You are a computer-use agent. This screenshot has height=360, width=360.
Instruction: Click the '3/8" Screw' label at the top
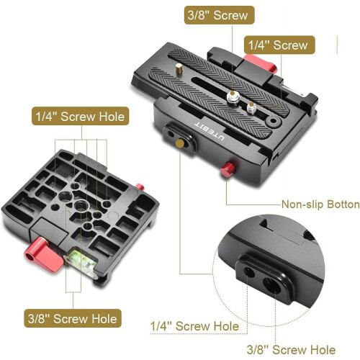pyautogui.click(x=219, y=15)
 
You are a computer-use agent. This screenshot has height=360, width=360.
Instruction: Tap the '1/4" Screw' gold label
pyautogui.click(x=279, y=45)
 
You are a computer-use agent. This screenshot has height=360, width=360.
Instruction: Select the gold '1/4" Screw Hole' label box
pyautogui.click(x=81, y=117)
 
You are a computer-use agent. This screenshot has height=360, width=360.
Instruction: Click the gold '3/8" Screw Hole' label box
pyautogui.click(x=73, y=318)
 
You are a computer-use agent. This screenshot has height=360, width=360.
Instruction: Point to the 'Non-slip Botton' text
pyautogui.click(x=320, y=204)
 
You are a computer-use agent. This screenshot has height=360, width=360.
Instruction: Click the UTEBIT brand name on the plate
pyautogui.click(x=210, y=131)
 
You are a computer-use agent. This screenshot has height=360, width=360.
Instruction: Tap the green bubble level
pyautogui.click(x=81, y=261)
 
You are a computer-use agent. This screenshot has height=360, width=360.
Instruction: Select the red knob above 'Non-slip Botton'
pyautogui.click(x=228, y=169)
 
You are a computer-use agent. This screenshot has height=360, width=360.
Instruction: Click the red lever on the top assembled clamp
pyautogui.click(x=261, y=63)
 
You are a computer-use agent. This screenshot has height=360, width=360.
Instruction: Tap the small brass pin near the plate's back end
pyautogui.click(x=179, y=68)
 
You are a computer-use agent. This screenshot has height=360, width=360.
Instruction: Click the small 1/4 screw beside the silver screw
pyautogui.click(x=251, y=108)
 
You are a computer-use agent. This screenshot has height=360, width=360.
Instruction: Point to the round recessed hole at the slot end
pyautogui.click(x=273, y=121)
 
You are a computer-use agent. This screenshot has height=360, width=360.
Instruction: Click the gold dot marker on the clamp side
pyautogui.click(x=180, y=143)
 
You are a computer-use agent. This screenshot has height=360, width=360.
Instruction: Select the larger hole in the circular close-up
pyautogui.click(x=272, y=285)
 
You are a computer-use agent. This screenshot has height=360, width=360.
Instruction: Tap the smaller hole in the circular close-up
pyautogui.click(x=249, y=272)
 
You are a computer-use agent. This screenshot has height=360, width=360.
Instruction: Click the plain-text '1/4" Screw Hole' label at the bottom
pyautogui.click(x=194, y=326)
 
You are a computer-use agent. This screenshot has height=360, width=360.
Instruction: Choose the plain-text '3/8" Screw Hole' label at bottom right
pyautogui.click(x=291, y=349)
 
